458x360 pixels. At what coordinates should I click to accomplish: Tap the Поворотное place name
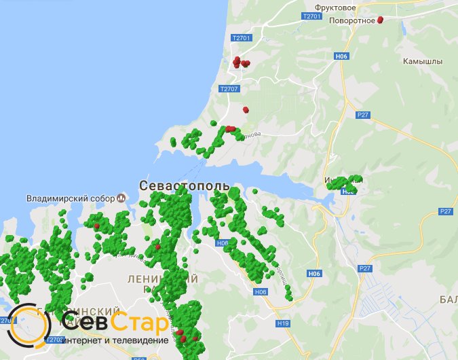pyautogui.click(x=352, y=20)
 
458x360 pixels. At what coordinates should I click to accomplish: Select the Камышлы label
pyautogui.click(x=421, y=60)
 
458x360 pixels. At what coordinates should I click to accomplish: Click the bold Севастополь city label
pyautogui.click(x=184, y=185)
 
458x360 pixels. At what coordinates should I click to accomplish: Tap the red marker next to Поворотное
pyautogui.click(x=380, y=20)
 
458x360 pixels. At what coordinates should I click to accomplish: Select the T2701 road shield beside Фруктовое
pyautogui.click(x=311, y=16)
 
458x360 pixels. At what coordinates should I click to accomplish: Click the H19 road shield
pyautogui.click(x=283, y=324)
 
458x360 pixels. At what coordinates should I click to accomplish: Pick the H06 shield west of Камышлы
pyautogui.click(x=341, y=56)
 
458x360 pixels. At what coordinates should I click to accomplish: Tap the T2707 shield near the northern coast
pyautogui.click(x=229, y=88)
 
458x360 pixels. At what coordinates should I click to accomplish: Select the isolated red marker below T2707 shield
pyautogui.click(x=245, y=109)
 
